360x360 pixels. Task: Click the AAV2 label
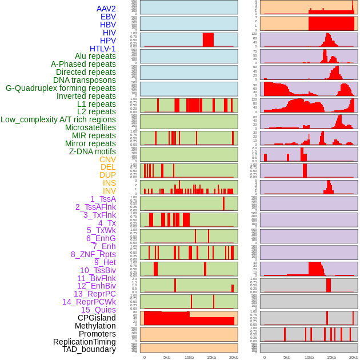106,9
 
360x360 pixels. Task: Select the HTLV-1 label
102,49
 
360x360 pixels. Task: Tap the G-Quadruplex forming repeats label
61,88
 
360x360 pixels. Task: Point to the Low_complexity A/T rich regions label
58,119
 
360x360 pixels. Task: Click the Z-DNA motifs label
92,151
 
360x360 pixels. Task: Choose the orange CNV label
107,159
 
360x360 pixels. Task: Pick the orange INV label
109,191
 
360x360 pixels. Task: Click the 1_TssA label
103,199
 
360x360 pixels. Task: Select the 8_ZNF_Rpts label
93,254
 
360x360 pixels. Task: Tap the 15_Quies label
98,310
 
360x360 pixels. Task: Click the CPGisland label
97,318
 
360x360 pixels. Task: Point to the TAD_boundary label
89,349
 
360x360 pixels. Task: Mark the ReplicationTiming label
84,342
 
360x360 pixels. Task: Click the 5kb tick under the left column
167,357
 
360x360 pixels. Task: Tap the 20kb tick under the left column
233,357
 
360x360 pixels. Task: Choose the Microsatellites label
90,127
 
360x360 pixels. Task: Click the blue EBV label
108,17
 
